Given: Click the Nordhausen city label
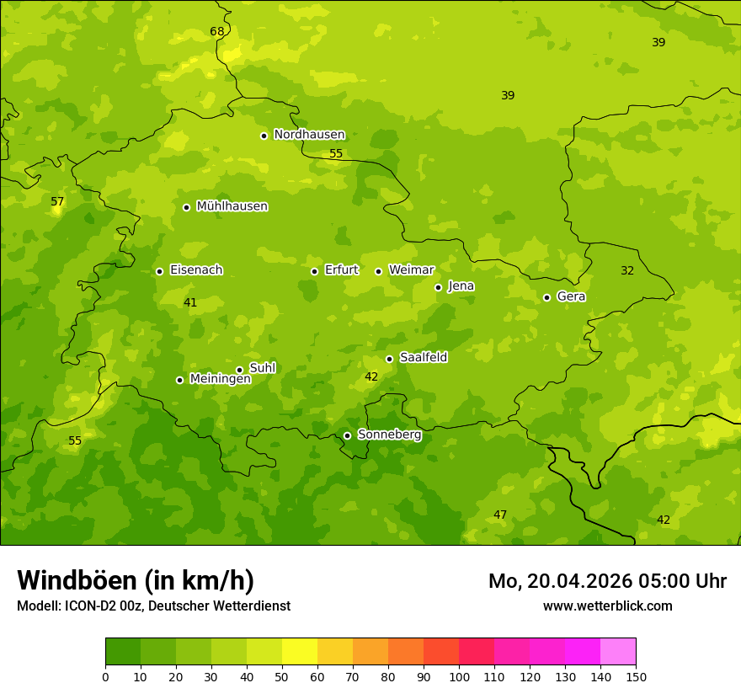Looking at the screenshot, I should [x=309, y=135].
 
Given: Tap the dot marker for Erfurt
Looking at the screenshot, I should [x=314, y=271].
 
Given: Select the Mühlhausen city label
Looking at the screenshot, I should [x=232, y=206].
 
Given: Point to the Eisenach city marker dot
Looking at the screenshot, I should [x=159, y=271].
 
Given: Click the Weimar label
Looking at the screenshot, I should [x=411, y=270].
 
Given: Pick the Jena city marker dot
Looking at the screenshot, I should [x=438, y=287].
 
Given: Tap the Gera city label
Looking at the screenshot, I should [x=571, y=296].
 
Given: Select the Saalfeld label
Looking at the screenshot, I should [x=423, y=358].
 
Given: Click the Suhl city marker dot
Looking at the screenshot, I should [x=239, y=370].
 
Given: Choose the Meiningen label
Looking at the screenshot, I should [x=220, y=379].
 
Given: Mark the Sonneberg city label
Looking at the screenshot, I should [x=389, y=435].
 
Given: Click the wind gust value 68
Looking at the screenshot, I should [x=217, y=32].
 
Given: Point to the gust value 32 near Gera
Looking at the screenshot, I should [x=627, y=270].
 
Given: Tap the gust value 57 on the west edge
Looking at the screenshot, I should [x=57, y=202].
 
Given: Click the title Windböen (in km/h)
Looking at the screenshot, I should [x=136, y=580].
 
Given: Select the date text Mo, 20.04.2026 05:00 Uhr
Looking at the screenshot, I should [x=607, y=581].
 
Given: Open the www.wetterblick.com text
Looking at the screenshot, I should [x=607, y=606].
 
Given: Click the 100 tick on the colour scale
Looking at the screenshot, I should [x=459, y=676].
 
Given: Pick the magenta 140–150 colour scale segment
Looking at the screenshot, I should [x=618, y=652].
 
